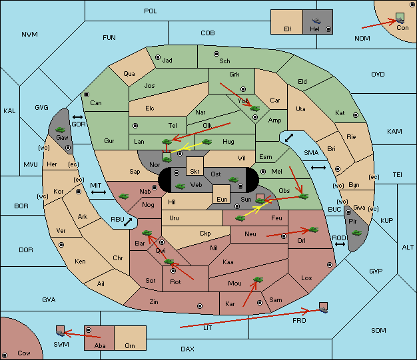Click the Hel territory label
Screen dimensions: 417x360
tap(314, 29)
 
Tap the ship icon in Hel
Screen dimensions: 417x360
tap(316, 21)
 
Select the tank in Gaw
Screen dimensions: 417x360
tap(60, 130)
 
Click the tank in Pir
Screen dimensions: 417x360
tap(356, 233)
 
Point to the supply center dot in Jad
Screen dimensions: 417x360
tap(158, 57)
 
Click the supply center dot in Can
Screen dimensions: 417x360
tap(87, 94)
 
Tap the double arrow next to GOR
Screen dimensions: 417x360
tap(77, 117)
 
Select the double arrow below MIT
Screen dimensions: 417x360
tap(99, 192)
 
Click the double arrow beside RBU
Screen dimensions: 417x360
tap(128, 222)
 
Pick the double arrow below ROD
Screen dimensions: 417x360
tap(340, 244)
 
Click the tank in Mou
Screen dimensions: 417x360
tap(258, 279)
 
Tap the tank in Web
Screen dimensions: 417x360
tap(181, 186)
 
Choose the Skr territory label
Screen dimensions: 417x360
tap(195, 172)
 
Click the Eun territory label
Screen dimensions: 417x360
tap(222, 199)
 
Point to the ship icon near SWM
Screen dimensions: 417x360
tap(61, 333)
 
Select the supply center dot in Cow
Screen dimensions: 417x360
tap(5, 355)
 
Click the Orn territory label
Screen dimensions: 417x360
tap(130, 345)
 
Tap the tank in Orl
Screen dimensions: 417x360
tap(313, 230)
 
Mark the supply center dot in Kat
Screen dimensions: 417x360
tap(356, 115)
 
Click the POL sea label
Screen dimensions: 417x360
tap(151, 11)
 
